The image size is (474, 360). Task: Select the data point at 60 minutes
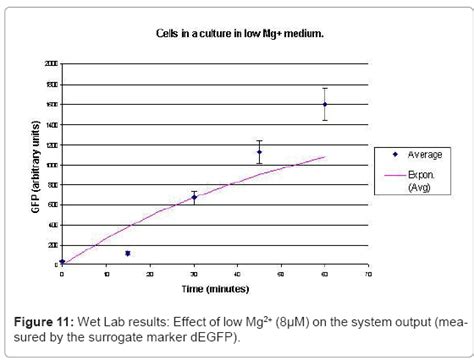pos(325,104)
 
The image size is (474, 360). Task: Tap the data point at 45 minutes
pos(259,152)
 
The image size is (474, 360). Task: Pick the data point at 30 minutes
pos(194,197)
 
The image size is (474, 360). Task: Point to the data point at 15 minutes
pos(128,253)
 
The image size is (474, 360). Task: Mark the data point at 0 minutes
pos(63,262)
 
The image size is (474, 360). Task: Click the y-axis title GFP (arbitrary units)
pos(33,165)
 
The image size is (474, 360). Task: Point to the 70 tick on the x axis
pos(368,272)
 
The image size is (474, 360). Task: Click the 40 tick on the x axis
pos(237,272)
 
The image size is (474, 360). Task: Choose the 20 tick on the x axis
pos(150,272)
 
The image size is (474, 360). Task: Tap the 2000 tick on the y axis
pos(51,63)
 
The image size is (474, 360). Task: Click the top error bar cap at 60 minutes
pos(325,88)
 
